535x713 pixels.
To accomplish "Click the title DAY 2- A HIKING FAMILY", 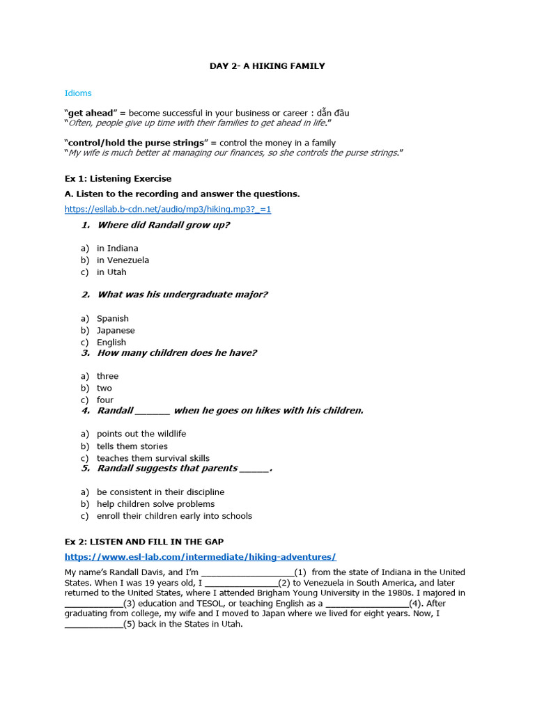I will (x=267, y=66).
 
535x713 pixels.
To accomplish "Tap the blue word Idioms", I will (x=78, y=93).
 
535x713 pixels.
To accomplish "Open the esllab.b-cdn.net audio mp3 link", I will (x=168, y=209).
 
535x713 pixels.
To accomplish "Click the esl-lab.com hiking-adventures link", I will (x=201, y=557).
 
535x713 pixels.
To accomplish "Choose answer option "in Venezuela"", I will (x=123, y=260).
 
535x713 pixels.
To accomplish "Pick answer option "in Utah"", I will (x=111, y=272).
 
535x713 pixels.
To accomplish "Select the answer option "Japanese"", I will (x=116, y=331).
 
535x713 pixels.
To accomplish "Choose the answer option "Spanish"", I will (x=113, y=319).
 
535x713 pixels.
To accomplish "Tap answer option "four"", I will (x=105, y=400).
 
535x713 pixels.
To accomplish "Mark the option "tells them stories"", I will (x=132, y=446).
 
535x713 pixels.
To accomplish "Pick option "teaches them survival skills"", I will (x=153, y=458).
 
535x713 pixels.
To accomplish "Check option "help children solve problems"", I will (x=156, y=504).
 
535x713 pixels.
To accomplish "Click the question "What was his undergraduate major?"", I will (x=183, y=295).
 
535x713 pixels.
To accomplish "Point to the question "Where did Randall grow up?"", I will (x=164, y=225).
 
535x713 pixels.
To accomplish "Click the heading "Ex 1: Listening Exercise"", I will (x=118, y=179).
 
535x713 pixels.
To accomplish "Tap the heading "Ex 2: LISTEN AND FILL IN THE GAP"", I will (x=144, y=542).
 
